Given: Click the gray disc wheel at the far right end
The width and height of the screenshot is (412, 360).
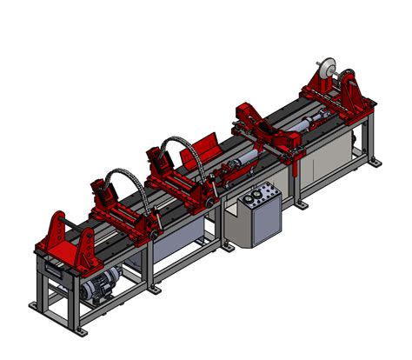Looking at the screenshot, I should click(326, 70).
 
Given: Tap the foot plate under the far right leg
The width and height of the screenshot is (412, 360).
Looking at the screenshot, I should click(374, 163).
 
